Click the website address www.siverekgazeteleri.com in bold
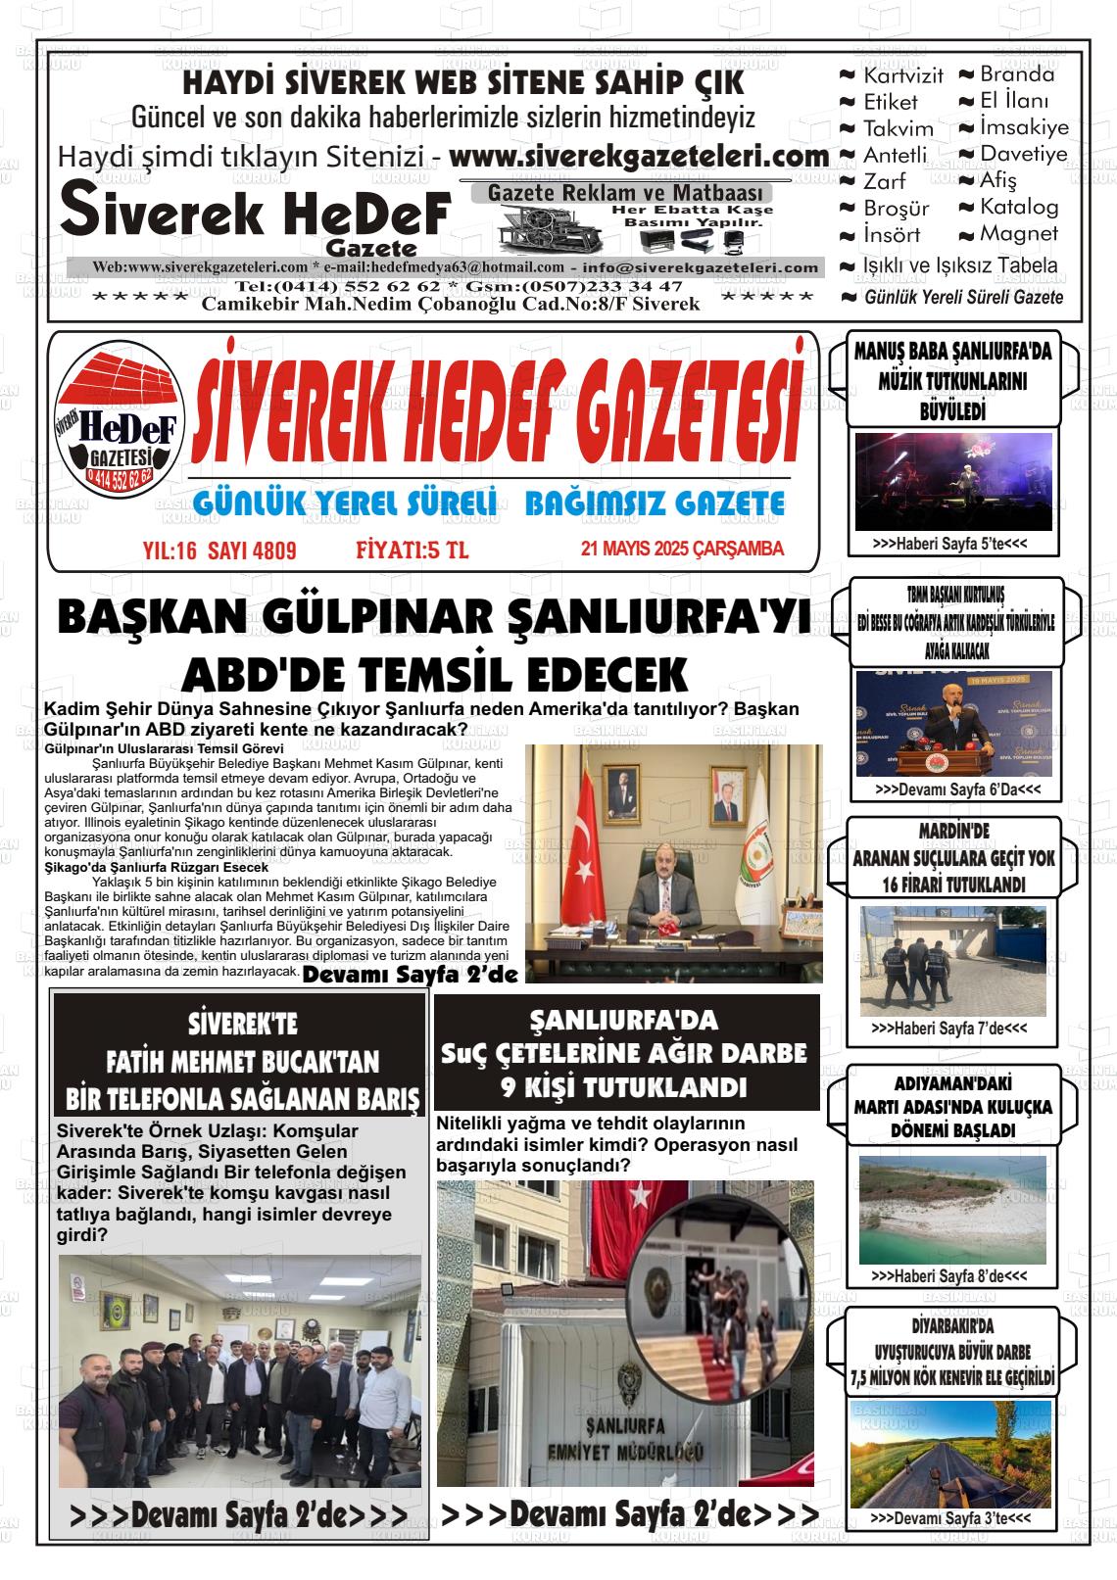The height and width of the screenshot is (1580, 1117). coord(639,157)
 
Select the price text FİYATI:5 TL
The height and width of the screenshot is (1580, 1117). coord(412,551)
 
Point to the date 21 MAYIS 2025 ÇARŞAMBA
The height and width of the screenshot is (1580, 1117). coord(682,550)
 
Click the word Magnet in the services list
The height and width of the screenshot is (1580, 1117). coord(1019,234)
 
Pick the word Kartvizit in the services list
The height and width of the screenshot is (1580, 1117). coord(902,75)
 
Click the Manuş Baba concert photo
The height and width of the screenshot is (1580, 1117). coord(952,481)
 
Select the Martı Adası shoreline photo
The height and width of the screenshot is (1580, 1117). coord(952,1209)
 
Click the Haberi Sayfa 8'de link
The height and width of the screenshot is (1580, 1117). coord(948,1277)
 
